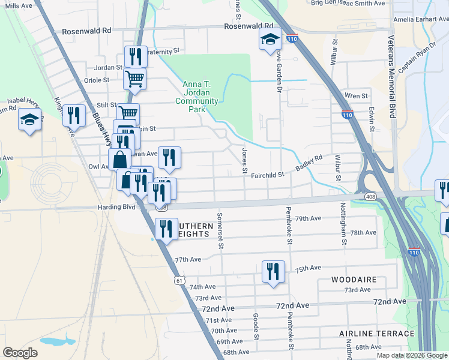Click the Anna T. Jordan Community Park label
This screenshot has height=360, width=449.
pos(200,92)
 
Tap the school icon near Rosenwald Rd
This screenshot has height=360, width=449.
pos(270,40)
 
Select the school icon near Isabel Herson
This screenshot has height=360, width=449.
pos(29,119)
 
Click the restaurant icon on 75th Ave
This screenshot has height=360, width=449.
pos(273,271)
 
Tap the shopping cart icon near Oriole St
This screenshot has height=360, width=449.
pos(135,77)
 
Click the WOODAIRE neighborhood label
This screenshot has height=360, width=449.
pos(354,280)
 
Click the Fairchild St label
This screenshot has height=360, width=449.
pos(267,175)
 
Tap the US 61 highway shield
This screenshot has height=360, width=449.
pos(179,280)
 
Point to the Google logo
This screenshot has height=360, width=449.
pos(20,353)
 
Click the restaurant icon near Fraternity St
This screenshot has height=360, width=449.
pos(135,56)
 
